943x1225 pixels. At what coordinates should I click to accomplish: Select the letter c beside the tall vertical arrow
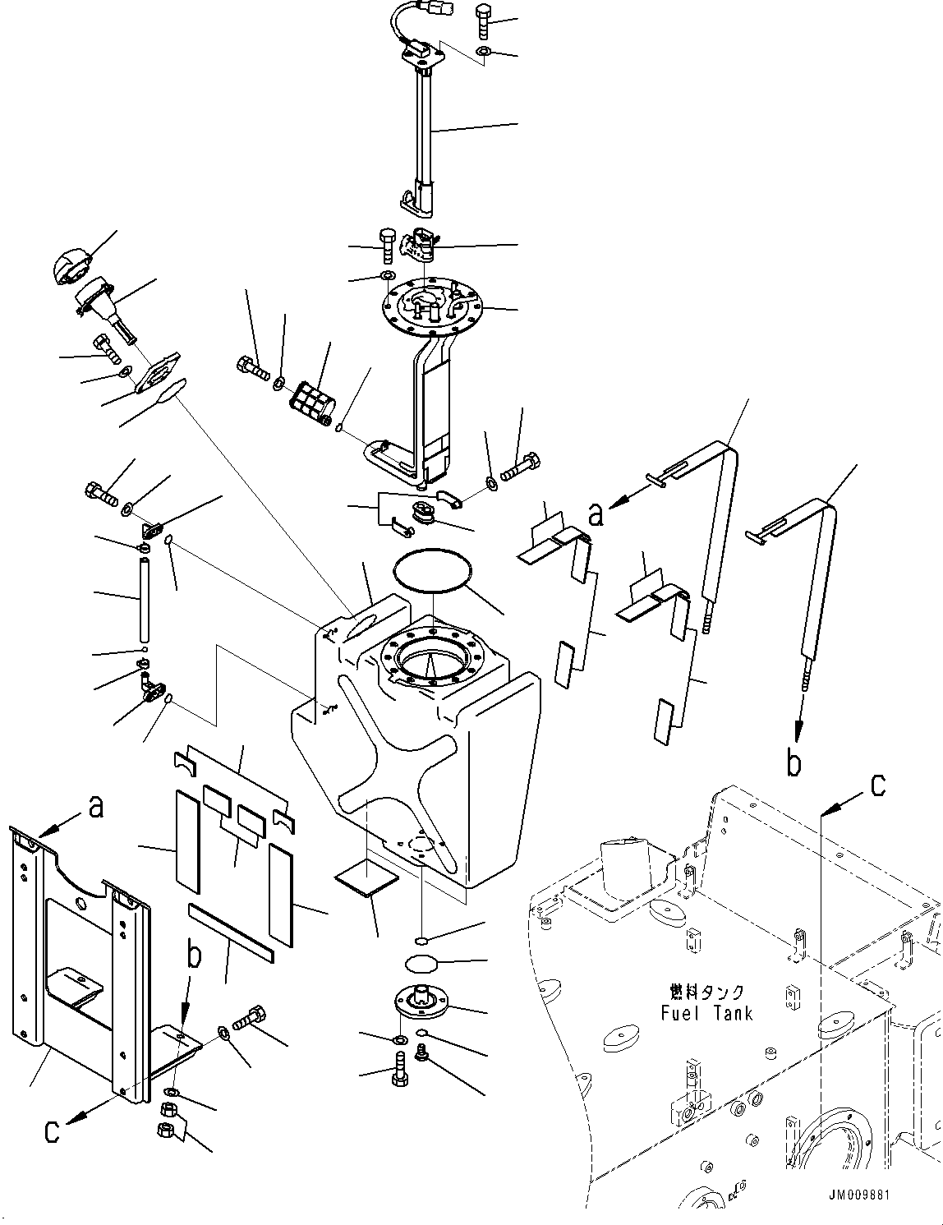click(x=877, y=785)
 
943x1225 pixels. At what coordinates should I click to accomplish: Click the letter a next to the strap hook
click(x=596, y=515)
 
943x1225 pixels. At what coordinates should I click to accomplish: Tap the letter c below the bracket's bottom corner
click(x=51, y=1131)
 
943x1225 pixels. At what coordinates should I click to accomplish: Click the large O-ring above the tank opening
click(x=435, y=569)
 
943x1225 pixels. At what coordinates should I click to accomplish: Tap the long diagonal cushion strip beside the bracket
click(x=232, y=933)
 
